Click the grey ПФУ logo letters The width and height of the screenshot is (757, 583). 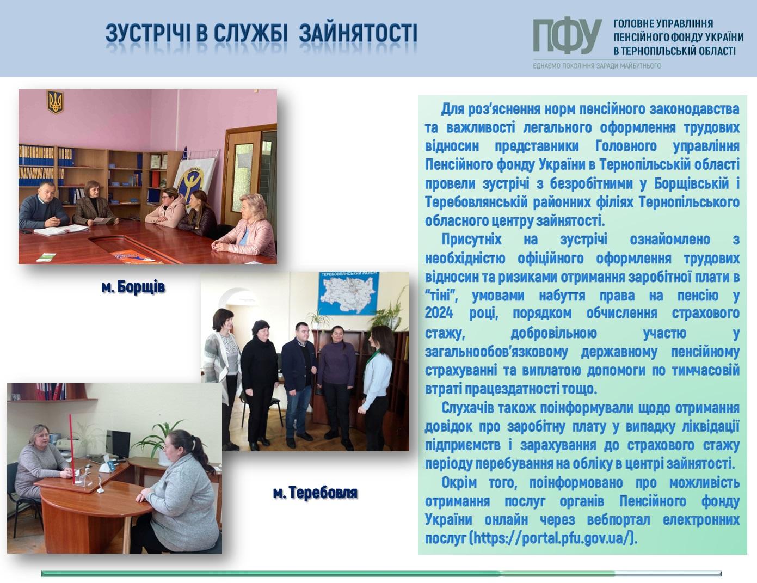567,36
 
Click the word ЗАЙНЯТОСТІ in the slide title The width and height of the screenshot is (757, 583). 358,33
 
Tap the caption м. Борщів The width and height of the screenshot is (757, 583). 133,287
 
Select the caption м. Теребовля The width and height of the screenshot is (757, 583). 315,493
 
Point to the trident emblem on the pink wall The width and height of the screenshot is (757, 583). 55,102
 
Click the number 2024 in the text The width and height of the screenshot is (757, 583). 439,312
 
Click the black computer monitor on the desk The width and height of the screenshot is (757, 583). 118,444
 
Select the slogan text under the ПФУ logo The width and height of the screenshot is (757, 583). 597,66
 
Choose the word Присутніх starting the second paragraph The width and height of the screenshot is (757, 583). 471,240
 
